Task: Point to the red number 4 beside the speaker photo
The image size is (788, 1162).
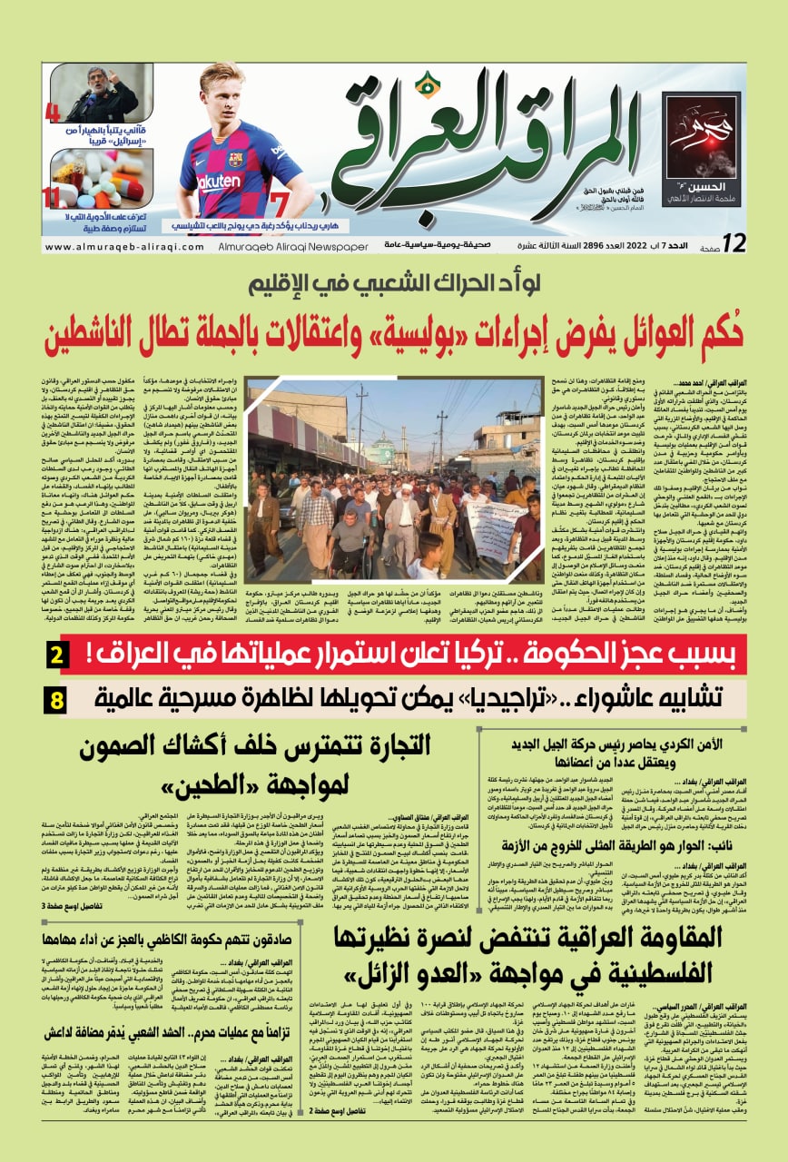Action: point(52,113)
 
